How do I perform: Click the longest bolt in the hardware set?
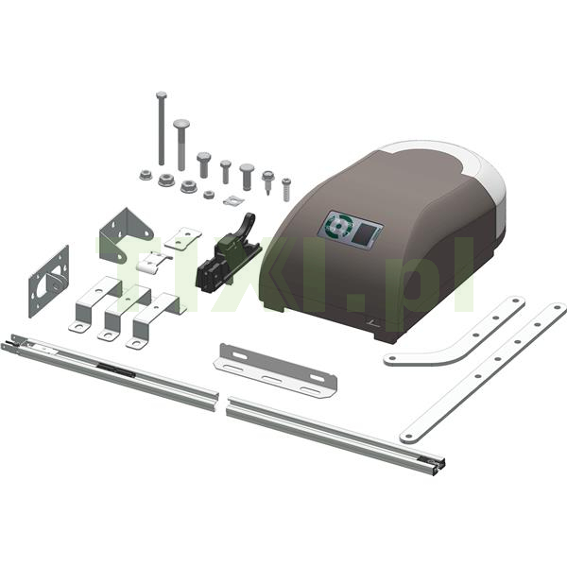162,129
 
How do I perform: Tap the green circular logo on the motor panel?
338,225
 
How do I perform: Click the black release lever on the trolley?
246,223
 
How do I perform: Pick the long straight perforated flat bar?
483,372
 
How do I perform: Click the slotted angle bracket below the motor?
275,370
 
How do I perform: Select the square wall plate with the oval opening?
49,282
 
